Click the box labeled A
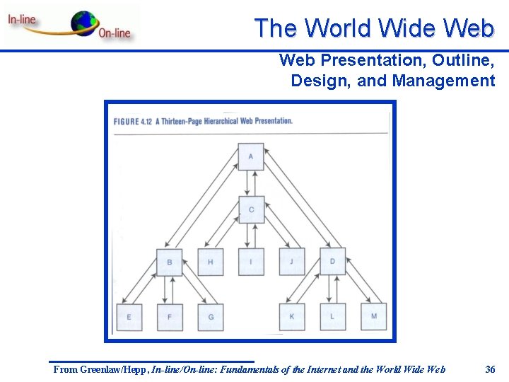[x=251, y=156]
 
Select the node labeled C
[x=251, y=209]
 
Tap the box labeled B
[x=170, y=262]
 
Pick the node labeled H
[x=211, y=262]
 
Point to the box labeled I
[x=251, y=262]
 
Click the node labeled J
[x=292, y=262]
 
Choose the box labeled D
[x=332, y=262]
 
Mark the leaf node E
[x=129, y=317]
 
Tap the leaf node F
[x=170, y=317]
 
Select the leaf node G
[x=211, y=317]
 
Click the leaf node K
[x=292, y=316]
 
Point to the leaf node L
[x=332, y=316]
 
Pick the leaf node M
[x=374, y=316]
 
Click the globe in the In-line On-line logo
[x=84, y=23]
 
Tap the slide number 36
[x=491, y=369]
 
